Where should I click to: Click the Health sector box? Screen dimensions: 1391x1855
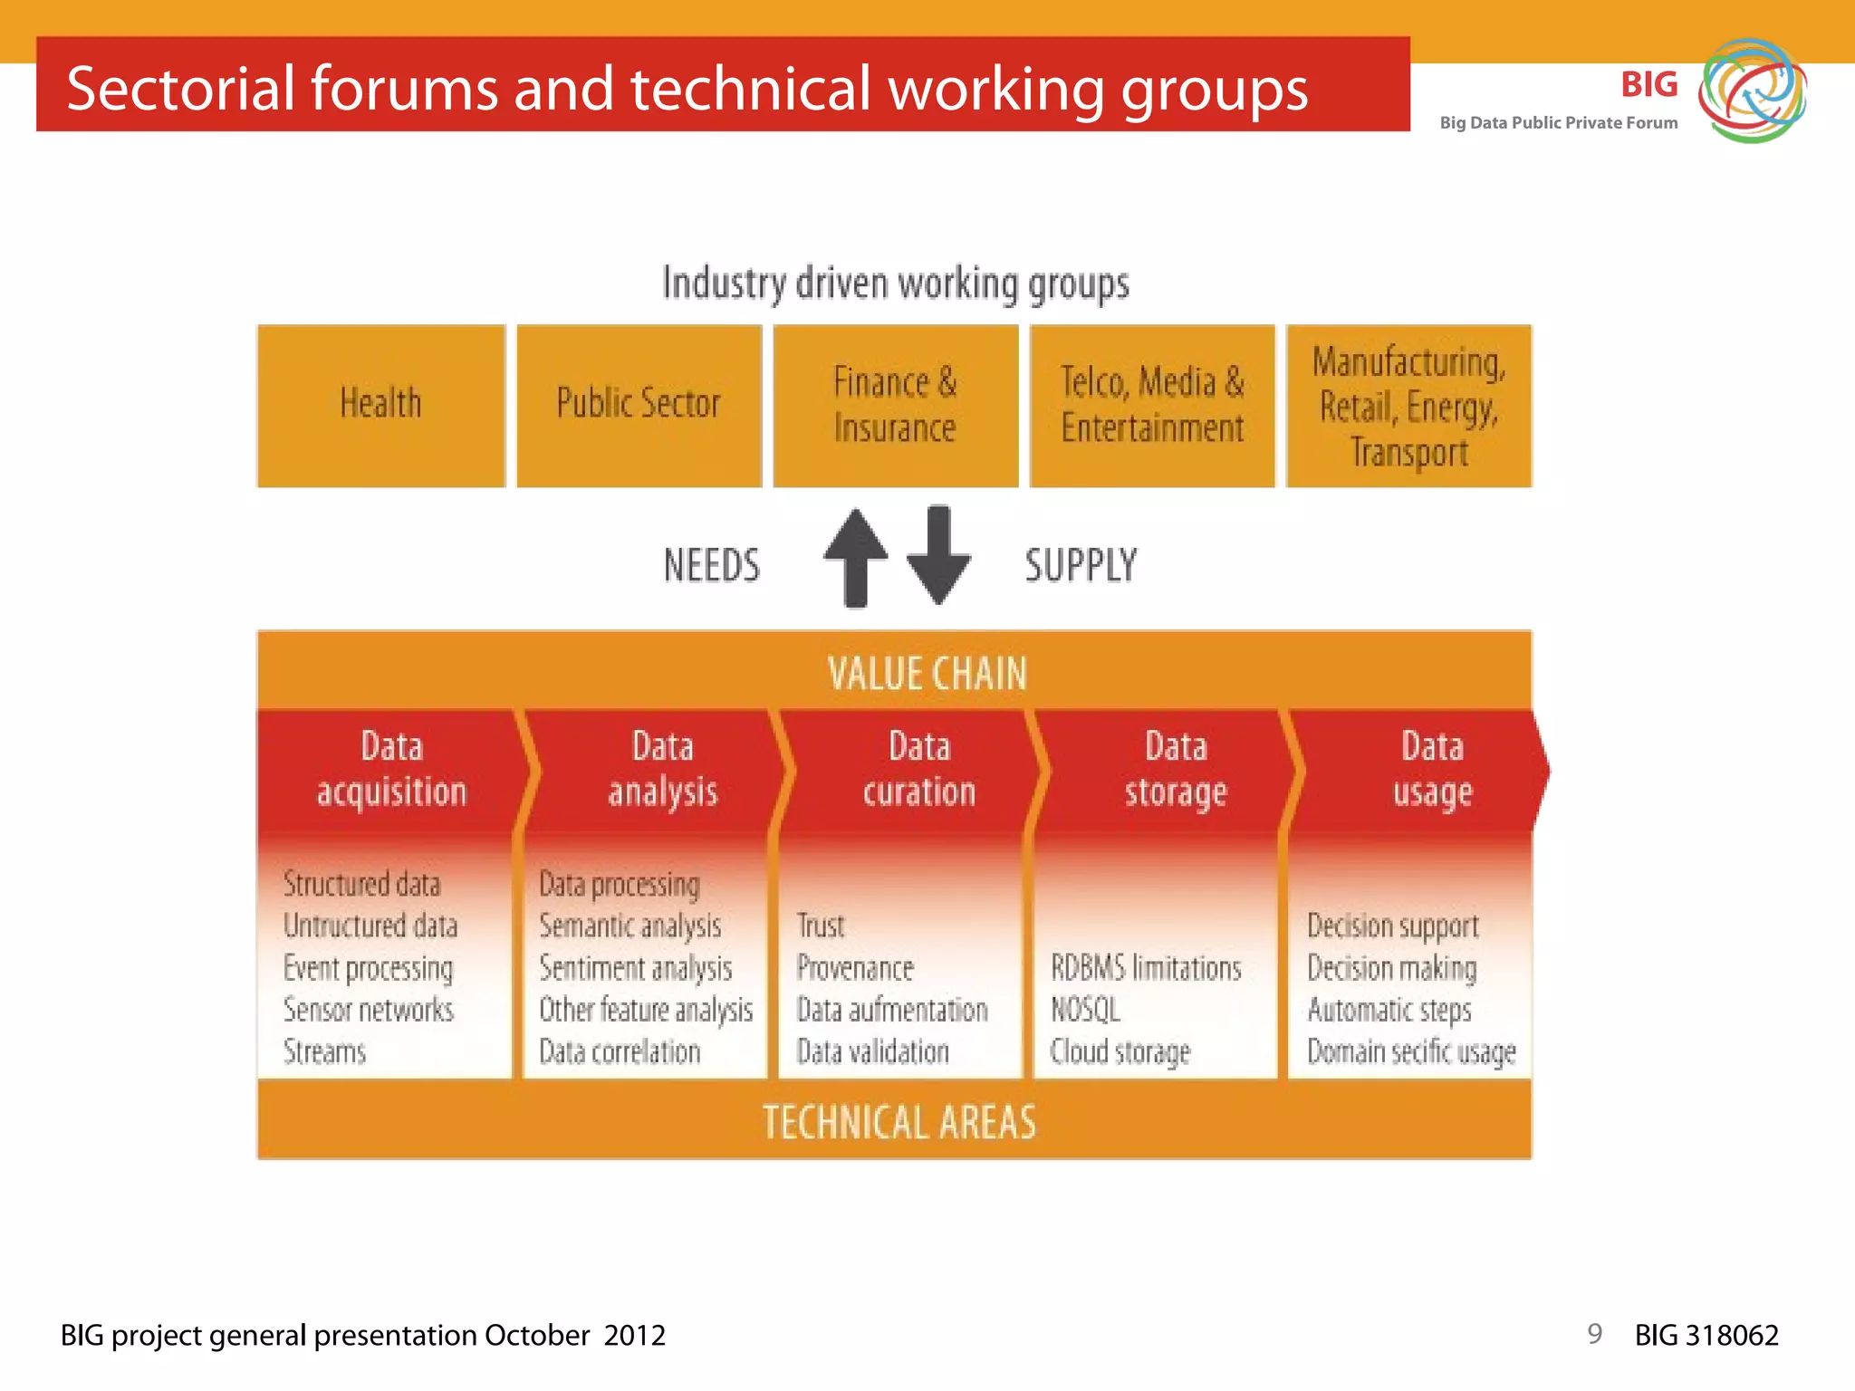click(381, 405)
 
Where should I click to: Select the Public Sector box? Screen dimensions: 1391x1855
click(639, 405)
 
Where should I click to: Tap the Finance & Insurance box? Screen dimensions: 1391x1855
click(895, 405)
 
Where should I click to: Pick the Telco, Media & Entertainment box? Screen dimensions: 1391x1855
click(1151, 405)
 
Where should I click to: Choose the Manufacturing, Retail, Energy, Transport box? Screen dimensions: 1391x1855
click(1408, 405)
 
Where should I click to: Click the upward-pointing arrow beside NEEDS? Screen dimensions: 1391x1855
click(855, 556)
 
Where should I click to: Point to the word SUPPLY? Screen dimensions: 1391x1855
click(1081, 565)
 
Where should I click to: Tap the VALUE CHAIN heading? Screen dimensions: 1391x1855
click(927, 674)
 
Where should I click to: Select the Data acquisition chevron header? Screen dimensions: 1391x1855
click(391, 770)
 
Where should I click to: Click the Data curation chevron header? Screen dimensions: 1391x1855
click(918, 770)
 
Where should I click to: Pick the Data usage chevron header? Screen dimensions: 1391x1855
click(1431, 770)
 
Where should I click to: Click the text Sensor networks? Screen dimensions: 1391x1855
click(369, 1010)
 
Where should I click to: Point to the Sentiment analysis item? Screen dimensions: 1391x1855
click(635, 968)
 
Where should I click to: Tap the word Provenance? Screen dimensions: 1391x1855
click(855, 968)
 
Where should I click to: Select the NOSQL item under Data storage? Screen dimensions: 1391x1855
click(1085, 1010)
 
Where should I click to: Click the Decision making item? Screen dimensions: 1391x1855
click(1391, 968)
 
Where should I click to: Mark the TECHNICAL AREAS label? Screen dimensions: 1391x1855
click(899, 1122)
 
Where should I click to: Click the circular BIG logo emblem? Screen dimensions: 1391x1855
click(1752, 91)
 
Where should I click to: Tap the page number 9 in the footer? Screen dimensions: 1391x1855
click(1594, 1333)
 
